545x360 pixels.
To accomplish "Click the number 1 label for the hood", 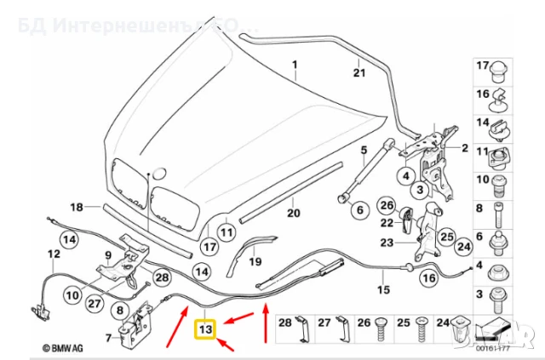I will (296, 66).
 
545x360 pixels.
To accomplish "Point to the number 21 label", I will (359, 72).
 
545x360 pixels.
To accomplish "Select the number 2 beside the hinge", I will (465, 148).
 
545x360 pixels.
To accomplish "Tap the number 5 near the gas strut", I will (364, 152).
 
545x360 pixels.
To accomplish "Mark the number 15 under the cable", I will (382, 290).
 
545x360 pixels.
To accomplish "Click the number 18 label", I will (77, 207).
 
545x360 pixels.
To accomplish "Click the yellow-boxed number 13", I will (205, 328).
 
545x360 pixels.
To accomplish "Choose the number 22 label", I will (387, 223).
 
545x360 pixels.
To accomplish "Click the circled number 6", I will (359, 209).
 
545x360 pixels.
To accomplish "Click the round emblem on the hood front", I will (149, 174).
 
